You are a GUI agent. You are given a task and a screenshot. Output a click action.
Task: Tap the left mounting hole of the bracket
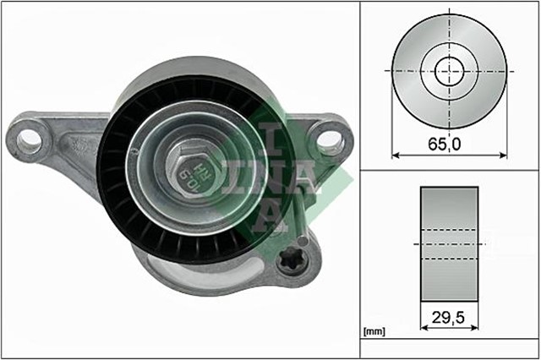(x=29, y=139)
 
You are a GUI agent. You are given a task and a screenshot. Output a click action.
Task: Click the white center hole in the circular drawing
(x=450, y=69)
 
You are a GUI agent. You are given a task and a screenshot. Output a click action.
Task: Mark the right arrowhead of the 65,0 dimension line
(x=504, y=155)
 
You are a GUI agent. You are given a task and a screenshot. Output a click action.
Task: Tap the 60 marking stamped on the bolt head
(x=187, y=175)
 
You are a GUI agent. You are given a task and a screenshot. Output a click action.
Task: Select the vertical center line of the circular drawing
(x=450, y=34)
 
